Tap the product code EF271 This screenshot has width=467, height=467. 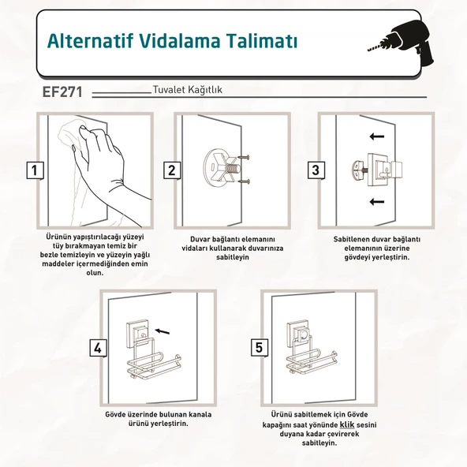pos(62,92)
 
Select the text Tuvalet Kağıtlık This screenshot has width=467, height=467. pos(187,90)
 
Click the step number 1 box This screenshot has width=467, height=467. pos(35,170)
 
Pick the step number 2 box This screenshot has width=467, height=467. pos(172,170)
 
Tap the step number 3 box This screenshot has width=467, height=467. pos(316,170)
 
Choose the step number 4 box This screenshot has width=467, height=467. pos(99,348)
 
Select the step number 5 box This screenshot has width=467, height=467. pos(259,347)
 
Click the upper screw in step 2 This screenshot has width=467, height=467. pos(243,157)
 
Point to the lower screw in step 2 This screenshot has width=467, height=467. pos(243,181)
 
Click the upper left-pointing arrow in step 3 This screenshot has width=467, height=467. pos(377,136)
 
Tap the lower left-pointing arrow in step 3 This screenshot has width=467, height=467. pos(377,202)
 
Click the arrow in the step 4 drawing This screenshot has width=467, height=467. pos(163,331)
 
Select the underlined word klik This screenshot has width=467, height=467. pos(347,424)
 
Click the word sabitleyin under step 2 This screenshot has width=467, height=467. pos(233,257)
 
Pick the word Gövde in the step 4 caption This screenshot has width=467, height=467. pos(115,414)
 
